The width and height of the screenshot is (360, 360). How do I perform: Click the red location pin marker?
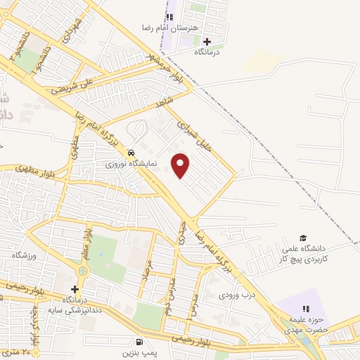(x=181, y=165)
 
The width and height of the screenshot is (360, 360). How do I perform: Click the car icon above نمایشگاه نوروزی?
(x=131, y=153)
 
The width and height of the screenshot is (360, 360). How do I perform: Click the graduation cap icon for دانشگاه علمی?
(x=303, y=238)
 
